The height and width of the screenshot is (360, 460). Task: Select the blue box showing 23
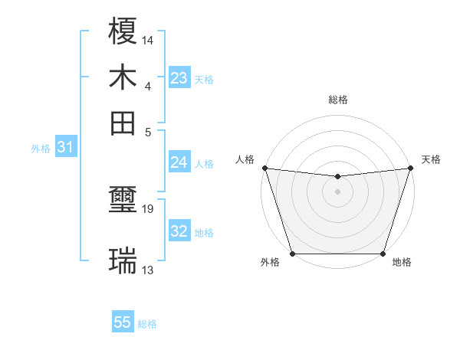click(x=179, y=78)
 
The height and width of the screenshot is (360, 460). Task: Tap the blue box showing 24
click(x=179, y=162)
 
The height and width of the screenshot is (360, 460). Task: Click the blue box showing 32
click(x=179, y=231)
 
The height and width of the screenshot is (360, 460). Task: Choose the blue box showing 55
click(x=123, y=322)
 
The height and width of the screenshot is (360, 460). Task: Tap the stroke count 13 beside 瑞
click(x=148, y=270)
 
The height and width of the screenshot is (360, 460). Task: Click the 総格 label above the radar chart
click(x=338, y=100)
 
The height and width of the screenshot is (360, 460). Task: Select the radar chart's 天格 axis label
click(x=431, y=159)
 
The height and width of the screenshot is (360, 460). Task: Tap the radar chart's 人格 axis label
click(x=245, y=159)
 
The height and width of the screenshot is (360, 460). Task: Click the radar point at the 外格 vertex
click(x=292, y=254)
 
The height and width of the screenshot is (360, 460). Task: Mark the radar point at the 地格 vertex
click(x=383, y=254)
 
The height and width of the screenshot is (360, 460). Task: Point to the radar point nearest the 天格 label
click(x=411, y=168)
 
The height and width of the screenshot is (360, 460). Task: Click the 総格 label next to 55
click(x=147, y=324)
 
